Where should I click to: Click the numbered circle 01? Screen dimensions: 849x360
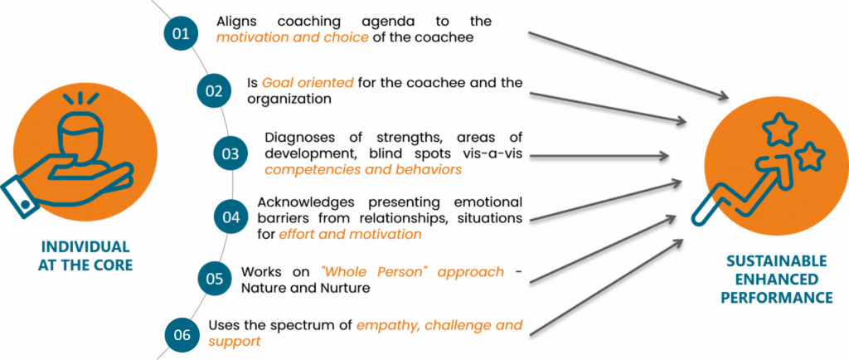179,34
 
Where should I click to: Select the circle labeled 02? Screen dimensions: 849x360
215,90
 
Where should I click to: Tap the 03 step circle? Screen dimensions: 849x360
230,153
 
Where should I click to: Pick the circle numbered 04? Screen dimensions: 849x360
230,217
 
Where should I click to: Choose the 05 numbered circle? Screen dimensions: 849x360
215,279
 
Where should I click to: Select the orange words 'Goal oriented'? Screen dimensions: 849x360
308,84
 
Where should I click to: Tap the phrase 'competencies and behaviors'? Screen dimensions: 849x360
363,169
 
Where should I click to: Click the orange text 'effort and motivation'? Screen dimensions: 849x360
350,235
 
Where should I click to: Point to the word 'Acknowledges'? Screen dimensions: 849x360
306,202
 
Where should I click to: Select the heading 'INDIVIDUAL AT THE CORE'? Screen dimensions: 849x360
85,256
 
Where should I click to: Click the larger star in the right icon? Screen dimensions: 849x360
779,129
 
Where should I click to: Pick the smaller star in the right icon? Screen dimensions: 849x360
810,157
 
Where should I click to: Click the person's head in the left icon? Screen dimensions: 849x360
81,134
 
